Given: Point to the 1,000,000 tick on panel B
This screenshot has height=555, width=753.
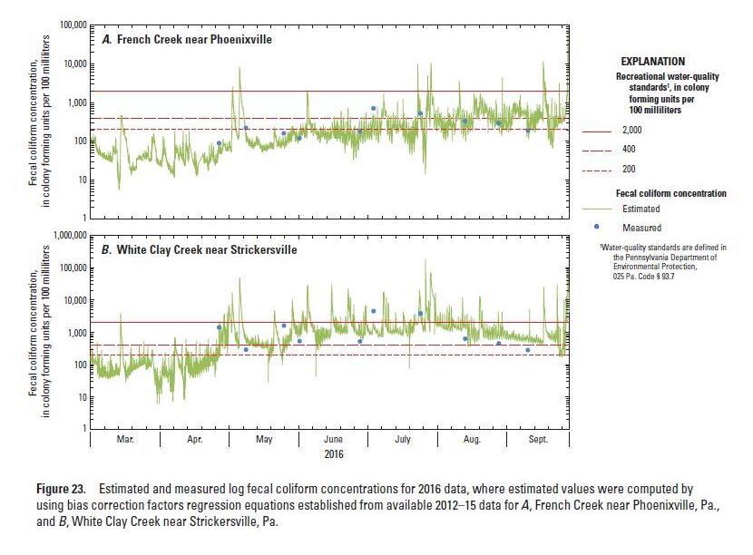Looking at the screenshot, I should [69, 235].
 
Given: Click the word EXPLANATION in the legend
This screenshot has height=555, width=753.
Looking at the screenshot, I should [646, 62].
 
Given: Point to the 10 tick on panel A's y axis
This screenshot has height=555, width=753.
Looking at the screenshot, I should [80, 180].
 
